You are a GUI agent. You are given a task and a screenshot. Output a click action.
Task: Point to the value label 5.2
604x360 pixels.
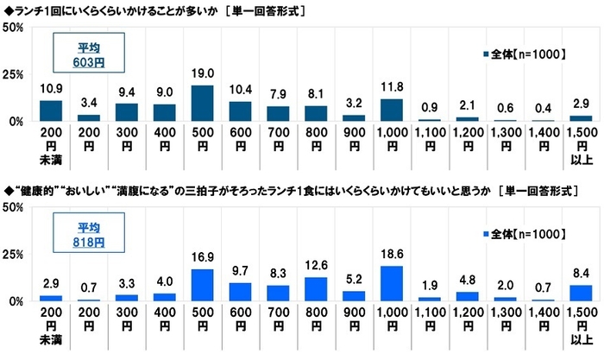click(355, 280)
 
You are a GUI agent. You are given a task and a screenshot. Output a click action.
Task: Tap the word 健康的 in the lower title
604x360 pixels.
click(39, 189)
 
